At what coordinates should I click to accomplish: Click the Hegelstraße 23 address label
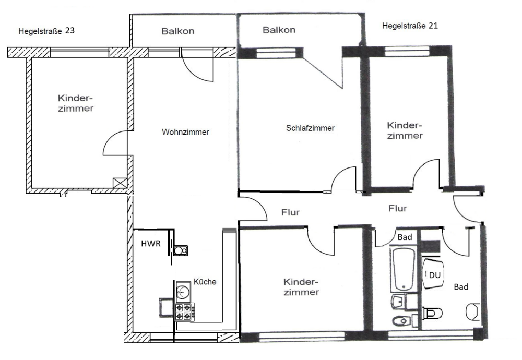tap(46, 31)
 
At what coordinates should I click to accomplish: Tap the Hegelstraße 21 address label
tap(410, 26)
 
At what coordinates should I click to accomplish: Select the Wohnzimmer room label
tap(185, 132)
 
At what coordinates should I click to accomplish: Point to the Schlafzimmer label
tap(310, 128)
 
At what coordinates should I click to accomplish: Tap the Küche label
tap(205, 282)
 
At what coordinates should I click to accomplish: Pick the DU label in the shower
tap(433, 275)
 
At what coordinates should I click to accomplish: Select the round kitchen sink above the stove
tap(184, 290)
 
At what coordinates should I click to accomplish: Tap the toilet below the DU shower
tap(432, 313)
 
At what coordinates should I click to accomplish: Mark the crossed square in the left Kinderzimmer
tap(121, 183)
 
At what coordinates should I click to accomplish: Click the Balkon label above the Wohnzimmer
tap(177, 31)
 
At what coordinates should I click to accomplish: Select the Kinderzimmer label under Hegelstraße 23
tap(76, 103)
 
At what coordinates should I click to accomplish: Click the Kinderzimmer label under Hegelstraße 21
tap(405, 130)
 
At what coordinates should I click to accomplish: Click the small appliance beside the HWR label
tap(181, 251)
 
